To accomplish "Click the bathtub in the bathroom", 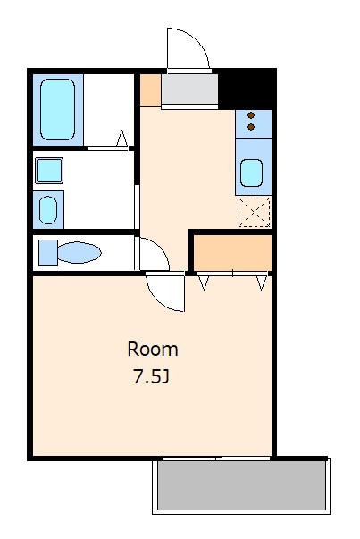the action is [57, 110].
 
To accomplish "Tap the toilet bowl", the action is [79, 253].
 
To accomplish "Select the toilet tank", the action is [48, 253].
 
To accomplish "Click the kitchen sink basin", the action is [251, 173].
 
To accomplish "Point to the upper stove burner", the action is [251, 115].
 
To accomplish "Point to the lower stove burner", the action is [251, 127].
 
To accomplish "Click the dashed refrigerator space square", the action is [255, 212].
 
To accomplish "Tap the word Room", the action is [153, 350].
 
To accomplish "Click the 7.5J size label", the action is [152, 377].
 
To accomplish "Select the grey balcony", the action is [241, 485].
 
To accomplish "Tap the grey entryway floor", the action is [189, 88].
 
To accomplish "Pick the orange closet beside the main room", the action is [232, 253].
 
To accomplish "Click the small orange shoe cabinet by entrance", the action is [151, 90].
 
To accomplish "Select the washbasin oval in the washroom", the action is [48, 210].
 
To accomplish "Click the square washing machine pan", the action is [49, 171].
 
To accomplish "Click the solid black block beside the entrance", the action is [247, 88].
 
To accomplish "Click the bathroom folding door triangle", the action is [122, 139].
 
